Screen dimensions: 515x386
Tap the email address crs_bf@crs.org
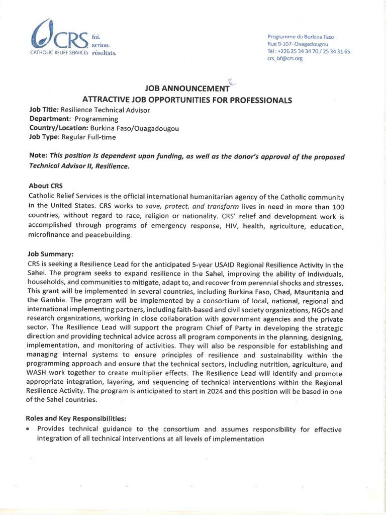point(284,59)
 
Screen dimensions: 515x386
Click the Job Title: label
point(45,110)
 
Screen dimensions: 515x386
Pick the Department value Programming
point(96,119)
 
